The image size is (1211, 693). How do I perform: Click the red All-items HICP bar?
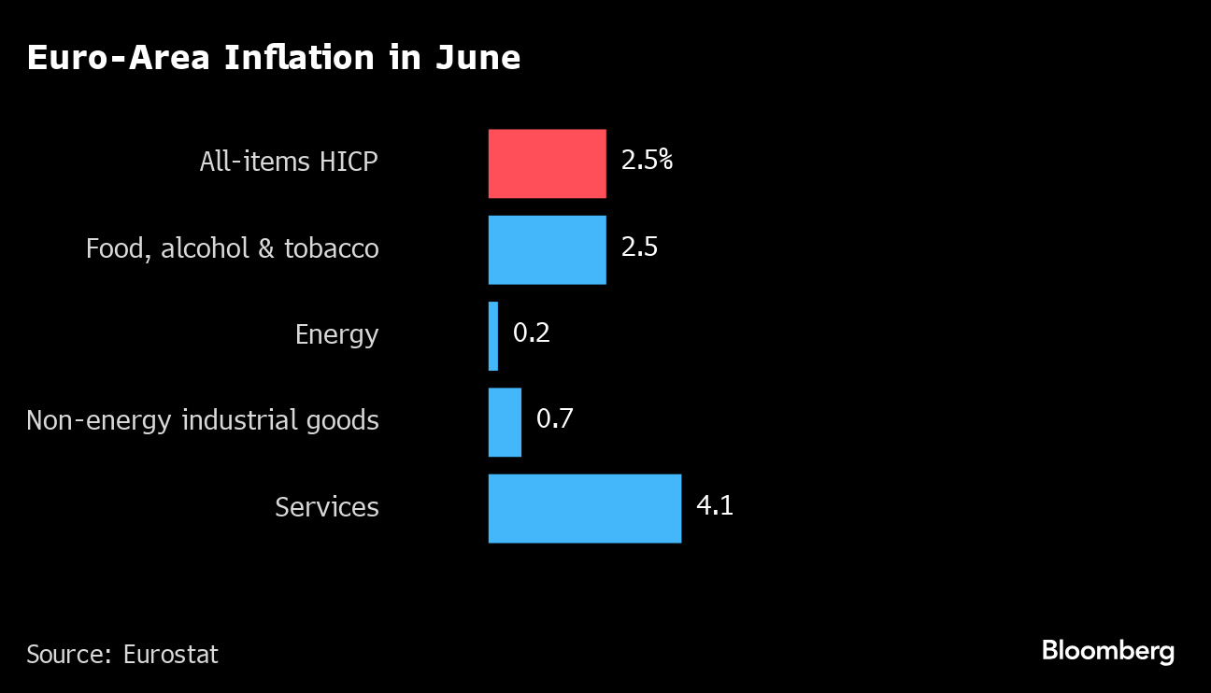click(547, 163)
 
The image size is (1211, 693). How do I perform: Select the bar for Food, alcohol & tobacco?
click(547, 249)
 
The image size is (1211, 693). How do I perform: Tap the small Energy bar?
click(493, 335)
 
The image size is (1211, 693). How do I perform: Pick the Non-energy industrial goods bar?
click(505, 422)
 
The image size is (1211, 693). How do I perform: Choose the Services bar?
click(584, 508)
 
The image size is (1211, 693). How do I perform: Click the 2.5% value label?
click(647, 161)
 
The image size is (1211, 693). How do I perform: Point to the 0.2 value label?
click(532, 332)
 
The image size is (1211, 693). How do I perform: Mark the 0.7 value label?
click(554, 418)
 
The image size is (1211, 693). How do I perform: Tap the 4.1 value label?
click(715, 505)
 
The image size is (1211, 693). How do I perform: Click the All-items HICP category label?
click(289, 162)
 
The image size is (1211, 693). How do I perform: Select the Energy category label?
click(336, 334)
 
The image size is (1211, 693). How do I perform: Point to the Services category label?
click(327, 507)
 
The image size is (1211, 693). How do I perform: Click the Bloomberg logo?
click(1108, 651)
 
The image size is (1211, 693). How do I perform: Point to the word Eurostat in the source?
click(171, 654)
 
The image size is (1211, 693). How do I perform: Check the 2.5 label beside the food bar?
click(639, 247)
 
